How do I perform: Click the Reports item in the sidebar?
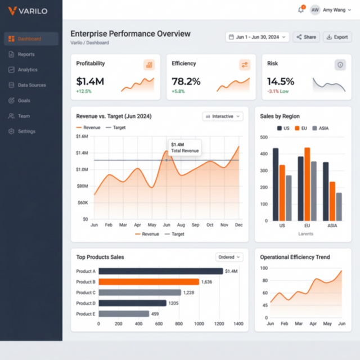[26, 55]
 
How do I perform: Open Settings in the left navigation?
[26, 132]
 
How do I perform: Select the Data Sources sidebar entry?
[31, 85]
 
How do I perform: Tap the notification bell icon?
[301, 10]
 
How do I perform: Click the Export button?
[337, 37]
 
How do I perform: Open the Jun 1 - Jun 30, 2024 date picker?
[257, 37]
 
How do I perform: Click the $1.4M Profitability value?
[90, 82]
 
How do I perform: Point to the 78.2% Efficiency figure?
[186, 82]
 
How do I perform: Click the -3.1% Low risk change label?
[278, 91]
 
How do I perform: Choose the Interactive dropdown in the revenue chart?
[223, 116]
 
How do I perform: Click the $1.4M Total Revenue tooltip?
[184, 148]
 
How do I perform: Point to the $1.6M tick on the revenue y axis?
[82, 136]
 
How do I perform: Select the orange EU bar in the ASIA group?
[332, 201]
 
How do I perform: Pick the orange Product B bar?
[148, 282]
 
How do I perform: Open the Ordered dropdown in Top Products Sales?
[229, 257]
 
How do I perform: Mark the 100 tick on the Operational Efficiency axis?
[264, 268]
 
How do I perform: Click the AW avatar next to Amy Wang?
[315, 10]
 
